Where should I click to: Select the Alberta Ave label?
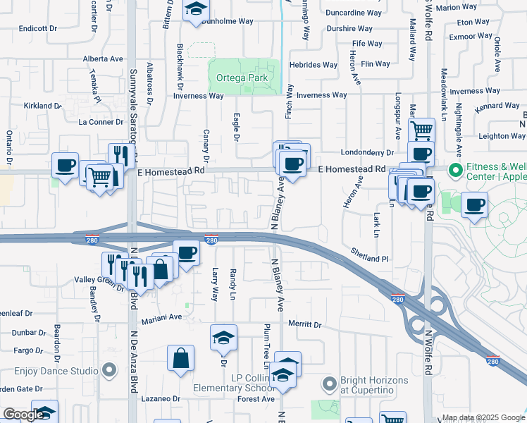coord(103,59)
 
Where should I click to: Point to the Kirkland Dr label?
coord(43,106)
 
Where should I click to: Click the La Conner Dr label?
coord(101,121)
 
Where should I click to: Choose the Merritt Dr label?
coord(304,325)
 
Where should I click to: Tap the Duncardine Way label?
coord(354,13)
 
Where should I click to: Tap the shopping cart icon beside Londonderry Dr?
coord(421,130)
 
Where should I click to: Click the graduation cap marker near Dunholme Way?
coord(194,9)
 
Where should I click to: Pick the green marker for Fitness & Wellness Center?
coord(454,170)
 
